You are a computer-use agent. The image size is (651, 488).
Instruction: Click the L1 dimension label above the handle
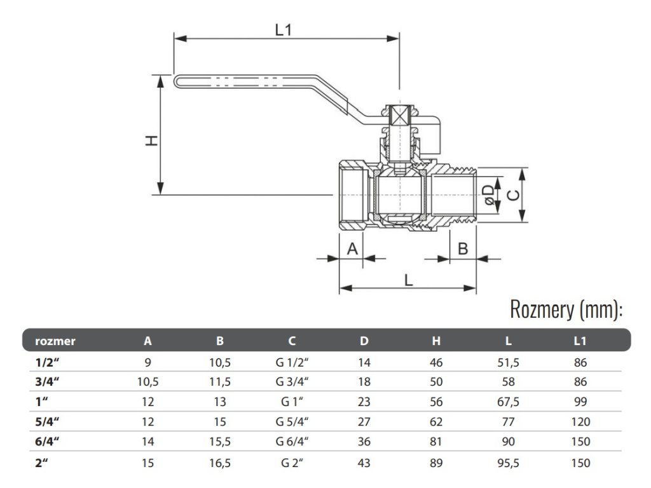(x=284, y=30)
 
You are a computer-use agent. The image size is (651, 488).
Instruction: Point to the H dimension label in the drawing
(x=152, y=140)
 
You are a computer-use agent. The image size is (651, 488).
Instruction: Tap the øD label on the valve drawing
(x=490, y=195)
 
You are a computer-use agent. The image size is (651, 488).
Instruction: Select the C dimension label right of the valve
(x=514, y=195)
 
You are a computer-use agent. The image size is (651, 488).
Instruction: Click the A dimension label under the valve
(x=352, y=249)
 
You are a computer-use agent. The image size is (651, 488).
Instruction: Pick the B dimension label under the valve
(x=463, y=249)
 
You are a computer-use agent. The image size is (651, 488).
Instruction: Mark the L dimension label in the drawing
(x=409, y=280)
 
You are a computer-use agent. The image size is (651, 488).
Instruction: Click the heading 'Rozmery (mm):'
(x=566, y=309)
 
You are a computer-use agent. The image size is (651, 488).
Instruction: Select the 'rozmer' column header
(x=55, y=341)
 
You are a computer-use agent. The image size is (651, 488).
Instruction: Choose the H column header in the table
(x=436, y=341)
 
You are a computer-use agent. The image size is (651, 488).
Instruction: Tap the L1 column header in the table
(x=580, y=341)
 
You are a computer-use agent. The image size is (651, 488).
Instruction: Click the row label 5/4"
(x=47, y=422)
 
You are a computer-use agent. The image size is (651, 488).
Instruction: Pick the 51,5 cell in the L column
(x=508, y=363)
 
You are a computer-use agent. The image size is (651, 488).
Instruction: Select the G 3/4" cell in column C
(x=292, y=382)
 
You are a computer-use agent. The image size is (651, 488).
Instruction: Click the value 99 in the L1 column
(x=580, y=402)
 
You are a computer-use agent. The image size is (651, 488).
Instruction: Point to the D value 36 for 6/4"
(x=364, y=442)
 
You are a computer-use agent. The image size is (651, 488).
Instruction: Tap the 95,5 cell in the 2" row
(x=508, y=463)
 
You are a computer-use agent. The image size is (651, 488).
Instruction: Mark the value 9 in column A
(x=147, y=363)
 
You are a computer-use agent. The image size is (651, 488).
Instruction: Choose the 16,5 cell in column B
(x=220, y=463)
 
